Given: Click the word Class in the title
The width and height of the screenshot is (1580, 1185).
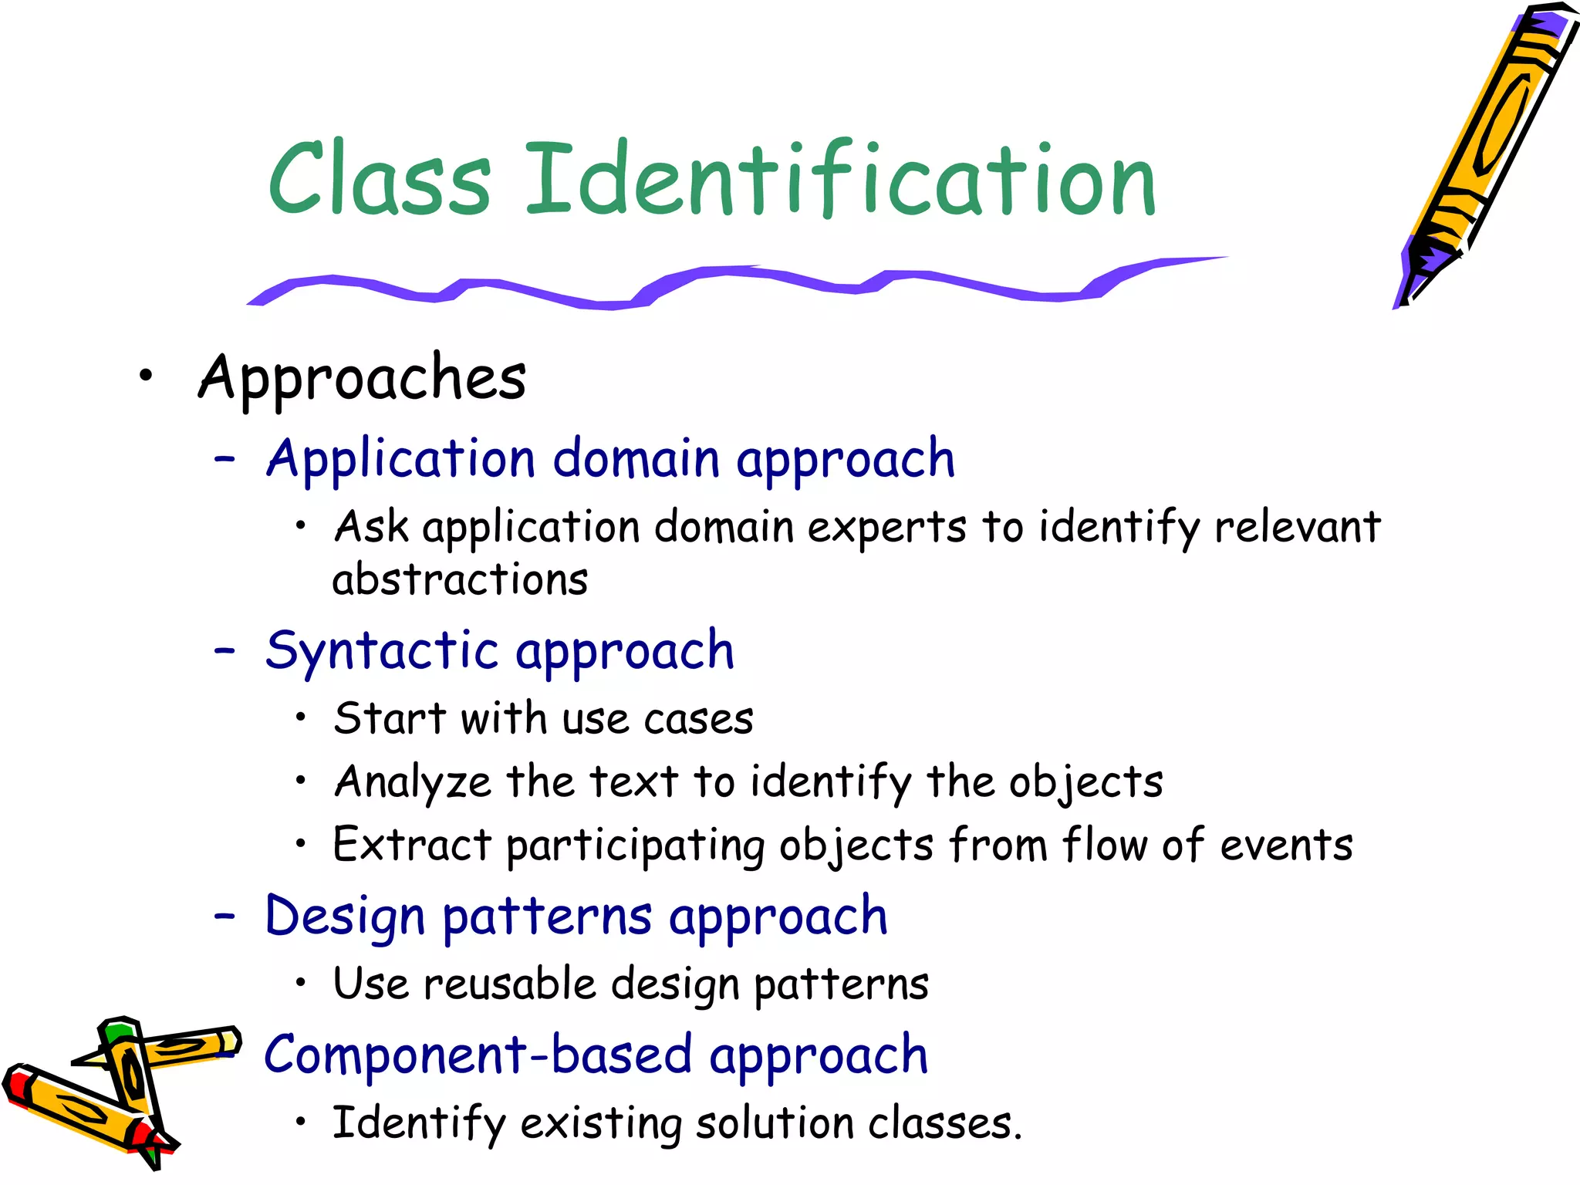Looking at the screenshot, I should (x=380, y=179).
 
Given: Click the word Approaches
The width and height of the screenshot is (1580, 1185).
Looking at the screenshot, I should (x=363, y=378).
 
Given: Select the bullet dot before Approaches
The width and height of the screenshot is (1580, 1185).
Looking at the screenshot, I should (x=146, y=376).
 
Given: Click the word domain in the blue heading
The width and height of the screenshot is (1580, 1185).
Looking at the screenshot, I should (x=636, y=459).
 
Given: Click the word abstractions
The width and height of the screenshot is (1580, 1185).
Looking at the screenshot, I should (x=460, y=580).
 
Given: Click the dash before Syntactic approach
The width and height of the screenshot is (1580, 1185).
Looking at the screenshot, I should (x=225, y=650).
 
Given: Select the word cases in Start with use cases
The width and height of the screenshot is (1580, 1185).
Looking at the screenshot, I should (x=698, y=720).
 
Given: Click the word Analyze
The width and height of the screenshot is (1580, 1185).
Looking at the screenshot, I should (x=413, y=782).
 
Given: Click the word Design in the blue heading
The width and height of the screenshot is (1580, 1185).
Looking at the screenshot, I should (x=345, y=918).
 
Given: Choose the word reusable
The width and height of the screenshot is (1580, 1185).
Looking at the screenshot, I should (x=510, y=985).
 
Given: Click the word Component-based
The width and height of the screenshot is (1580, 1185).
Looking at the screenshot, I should (x=478, y=1055).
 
